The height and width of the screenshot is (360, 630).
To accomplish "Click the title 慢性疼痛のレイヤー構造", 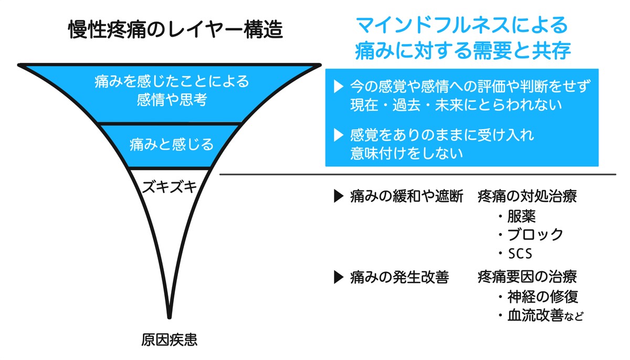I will click(x=175, y=30).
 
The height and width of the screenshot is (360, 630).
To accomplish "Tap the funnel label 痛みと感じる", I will click(x=172, y=144).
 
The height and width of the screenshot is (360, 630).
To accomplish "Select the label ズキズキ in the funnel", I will click(x=169, y=186).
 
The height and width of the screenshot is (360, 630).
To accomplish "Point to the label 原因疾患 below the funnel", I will click(x=169, y=340).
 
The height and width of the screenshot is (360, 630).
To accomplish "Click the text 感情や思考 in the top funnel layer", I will click(x=172, y=100).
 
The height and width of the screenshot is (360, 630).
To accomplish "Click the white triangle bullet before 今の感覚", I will click(x=338, y=86).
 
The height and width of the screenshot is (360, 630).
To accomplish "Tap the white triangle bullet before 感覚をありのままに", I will click(x=338, y=135).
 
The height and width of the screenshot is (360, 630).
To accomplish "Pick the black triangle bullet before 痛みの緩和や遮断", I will click(x=338, y=197).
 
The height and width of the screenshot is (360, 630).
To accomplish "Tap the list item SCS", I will click(x=520, y=254).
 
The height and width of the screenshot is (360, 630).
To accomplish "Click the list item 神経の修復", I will click(x=543, y=297).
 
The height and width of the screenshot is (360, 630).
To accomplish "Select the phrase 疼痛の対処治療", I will click(x=527, y=197).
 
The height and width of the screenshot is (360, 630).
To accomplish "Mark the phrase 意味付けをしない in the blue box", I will click(x=406, y=153).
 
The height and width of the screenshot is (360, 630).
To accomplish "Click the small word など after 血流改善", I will click(x=575, y=316).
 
